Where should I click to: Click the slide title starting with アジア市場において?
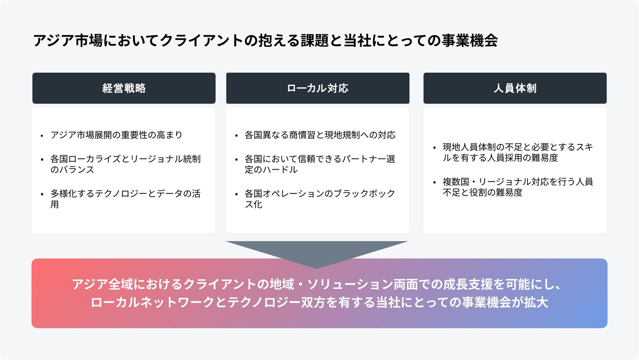(265, 41)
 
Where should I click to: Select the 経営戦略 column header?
(124, 88)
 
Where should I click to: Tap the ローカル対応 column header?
(318, 88)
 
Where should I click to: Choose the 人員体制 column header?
(515, 88)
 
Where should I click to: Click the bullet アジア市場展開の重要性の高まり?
(117, 135)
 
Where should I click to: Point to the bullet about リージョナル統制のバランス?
(126, 164)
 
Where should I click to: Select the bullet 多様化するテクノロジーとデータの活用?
(126, 199)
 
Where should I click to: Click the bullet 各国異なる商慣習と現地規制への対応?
(320, 135)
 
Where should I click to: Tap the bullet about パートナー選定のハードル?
(320, 164)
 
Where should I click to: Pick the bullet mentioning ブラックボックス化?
(320, 199)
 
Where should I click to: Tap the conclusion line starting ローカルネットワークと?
(319, 302)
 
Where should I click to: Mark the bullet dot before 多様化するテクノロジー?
(42, 194)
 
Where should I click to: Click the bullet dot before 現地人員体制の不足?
(434, 148)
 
